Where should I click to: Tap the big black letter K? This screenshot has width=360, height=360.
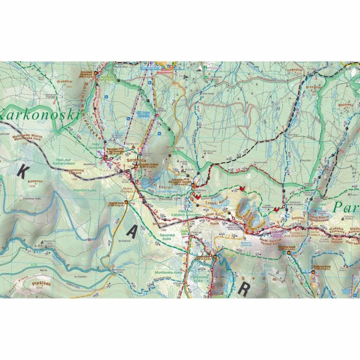22,172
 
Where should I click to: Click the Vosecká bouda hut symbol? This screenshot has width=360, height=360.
126,203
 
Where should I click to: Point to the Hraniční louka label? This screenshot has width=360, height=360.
86,190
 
